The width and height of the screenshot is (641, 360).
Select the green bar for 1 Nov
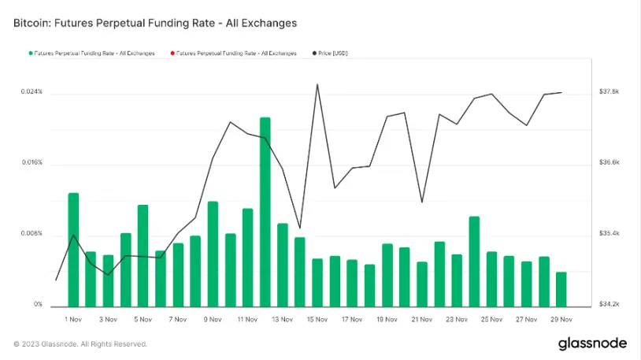(x=73, y=249)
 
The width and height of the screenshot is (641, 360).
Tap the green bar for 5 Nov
(x=143, y=255)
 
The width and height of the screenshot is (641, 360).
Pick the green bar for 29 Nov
(x=561, y=289)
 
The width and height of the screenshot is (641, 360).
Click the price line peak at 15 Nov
(x=317, y=84)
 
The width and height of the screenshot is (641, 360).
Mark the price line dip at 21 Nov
(x=422, y=202)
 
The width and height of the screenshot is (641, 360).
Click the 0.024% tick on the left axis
(x=31, y=93)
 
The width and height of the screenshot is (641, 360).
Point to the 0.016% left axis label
(x=31, y=164)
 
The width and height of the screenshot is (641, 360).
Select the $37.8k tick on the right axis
(x=610, y=92)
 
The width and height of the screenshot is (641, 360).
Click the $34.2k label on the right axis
(x=610, y=305)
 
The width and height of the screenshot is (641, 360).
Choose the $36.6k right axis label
(x=610, y=163)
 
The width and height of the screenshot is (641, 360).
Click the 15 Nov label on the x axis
(x=317, y=320)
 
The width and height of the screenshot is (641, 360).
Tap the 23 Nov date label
(x=457, y=320)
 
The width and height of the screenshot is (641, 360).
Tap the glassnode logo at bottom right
(x=592, y=343)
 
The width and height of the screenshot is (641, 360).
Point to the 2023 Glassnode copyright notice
(x=80, y=344)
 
